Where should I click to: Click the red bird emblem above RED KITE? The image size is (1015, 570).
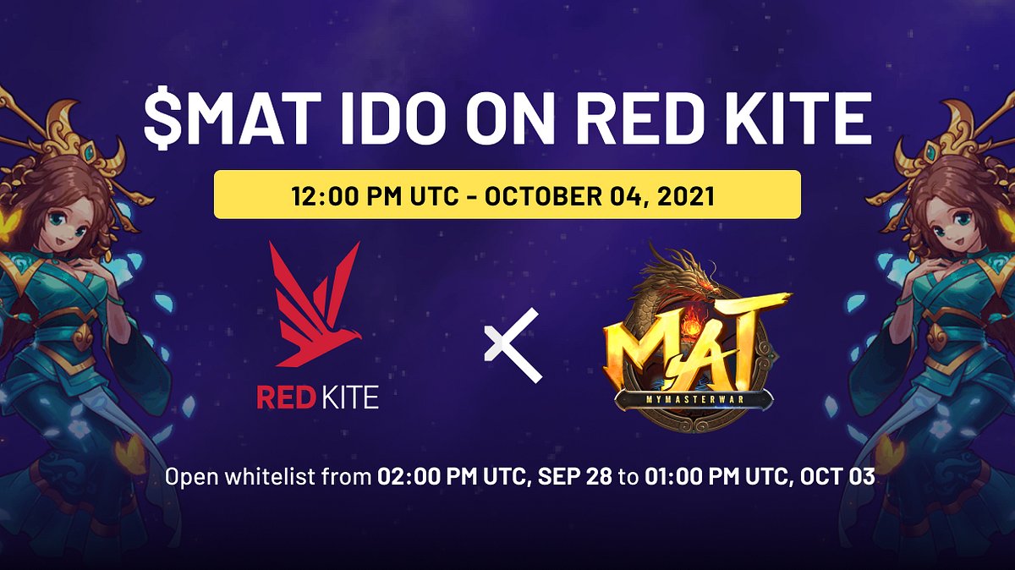pos(313,304)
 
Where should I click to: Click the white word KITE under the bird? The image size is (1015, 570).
pos(348,398)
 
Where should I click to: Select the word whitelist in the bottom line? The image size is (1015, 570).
pos(282,477)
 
